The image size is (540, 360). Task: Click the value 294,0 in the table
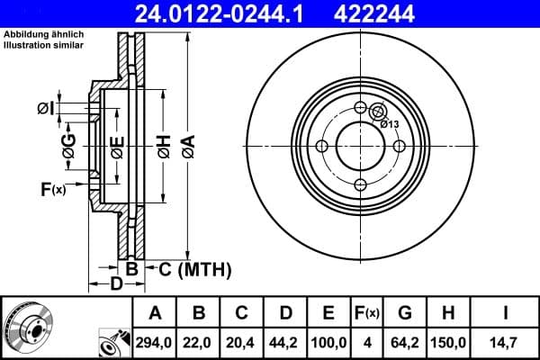[155, 342]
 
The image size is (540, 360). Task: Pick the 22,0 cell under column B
[200, 342]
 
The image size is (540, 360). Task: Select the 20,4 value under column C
[242, 342]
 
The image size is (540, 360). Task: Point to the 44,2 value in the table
[285, 342]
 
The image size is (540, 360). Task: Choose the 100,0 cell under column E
[328, 342]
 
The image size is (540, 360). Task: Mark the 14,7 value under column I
[505, 342]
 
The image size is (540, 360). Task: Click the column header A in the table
[155, 313]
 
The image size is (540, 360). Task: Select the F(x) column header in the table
[367, 313]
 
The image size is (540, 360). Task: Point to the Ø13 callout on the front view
[391, 124]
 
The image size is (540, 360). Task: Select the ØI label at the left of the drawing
[46, 109]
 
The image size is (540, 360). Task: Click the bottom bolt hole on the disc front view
[360, 184]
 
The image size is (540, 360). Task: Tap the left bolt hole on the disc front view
[321, 147]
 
